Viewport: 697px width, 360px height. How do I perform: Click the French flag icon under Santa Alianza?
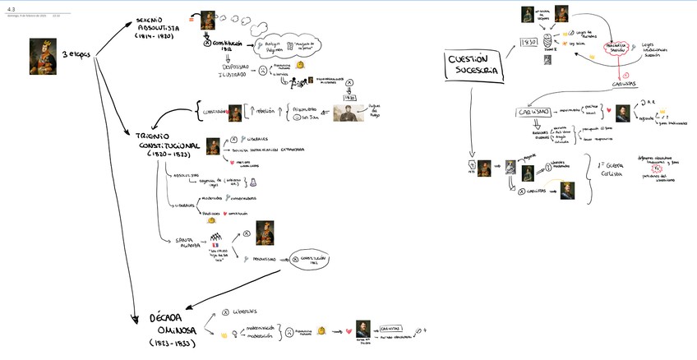tap(215, 244)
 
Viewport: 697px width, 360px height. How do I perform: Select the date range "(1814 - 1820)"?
tap(155, 36)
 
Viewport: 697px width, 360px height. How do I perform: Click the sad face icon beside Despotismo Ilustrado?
tap(262, 72)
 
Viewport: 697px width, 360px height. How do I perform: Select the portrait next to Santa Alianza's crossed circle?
tap(265, 233)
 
